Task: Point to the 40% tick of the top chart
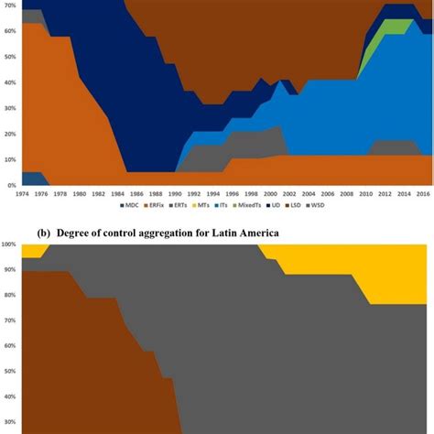pyautogui.click(x=8, y=82)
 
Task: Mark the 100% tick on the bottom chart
pyautogui.click(x=7, y=244)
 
